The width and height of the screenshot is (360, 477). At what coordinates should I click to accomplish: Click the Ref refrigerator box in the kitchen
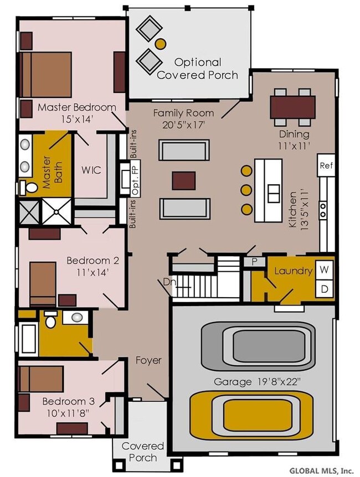(x=326, y=165)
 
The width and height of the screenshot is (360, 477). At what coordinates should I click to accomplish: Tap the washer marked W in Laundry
(x=325, y=269)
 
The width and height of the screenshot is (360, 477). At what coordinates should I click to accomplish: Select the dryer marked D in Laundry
(x=325, y=289)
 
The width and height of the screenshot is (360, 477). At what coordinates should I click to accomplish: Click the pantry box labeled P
(x=255, y=262)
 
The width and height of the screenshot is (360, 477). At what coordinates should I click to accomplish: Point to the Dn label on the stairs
(x=169, y=282)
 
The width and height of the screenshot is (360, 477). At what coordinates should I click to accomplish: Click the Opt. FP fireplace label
(x=136, y=178)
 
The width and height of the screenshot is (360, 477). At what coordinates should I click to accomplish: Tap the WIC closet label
(x=91, y=170)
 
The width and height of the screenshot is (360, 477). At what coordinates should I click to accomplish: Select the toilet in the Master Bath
(x=29, y=188)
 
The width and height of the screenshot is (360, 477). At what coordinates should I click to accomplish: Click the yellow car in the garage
(x=251, y=416)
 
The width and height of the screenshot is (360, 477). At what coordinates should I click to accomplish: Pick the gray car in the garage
(x=258, y=346)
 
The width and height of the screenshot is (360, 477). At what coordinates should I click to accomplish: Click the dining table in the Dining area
(x=292, y=107)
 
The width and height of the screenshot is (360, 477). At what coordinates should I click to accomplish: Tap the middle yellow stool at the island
(x=246, y=190)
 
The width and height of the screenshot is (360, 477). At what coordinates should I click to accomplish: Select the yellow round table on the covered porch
(x=161, y=44)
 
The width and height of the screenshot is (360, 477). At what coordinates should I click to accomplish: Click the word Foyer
(x=148, y=360)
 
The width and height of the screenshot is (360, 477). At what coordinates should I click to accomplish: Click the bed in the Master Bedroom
(x=45, y=74)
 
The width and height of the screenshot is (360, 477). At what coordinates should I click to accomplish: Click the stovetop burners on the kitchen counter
(x=323, y=210)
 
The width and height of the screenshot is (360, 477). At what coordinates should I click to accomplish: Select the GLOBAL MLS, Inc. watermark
(x=322, y=470)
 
